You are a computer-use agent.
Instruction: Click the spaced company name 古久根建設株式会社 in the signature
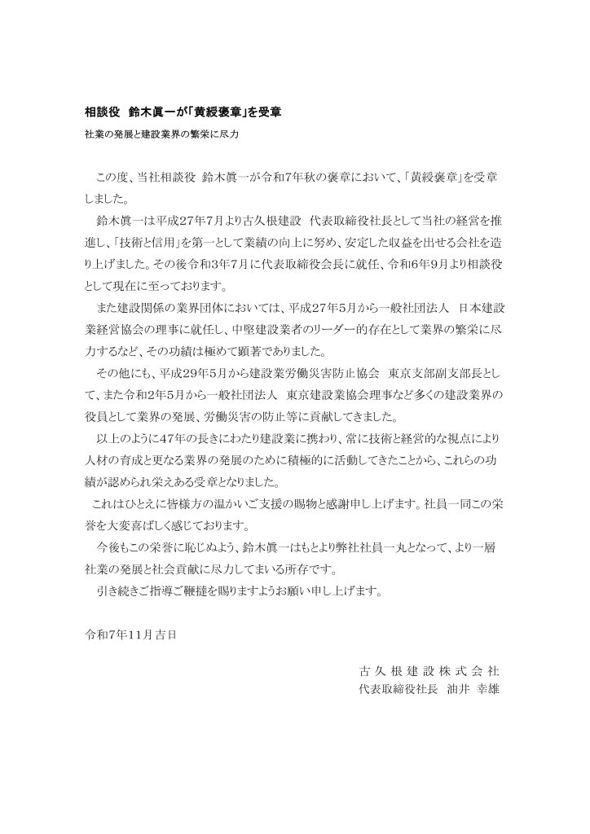click(x=429, y=672)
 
